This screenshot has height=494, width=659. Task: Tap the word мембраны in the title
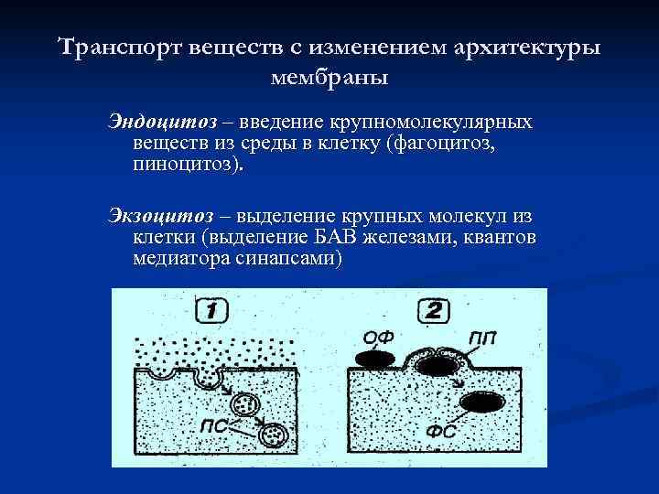point(329,77)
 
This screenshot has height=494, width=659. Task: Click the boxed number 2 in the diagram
point(433,311)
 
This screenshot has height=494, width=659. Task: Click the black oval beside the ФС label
point(481,402)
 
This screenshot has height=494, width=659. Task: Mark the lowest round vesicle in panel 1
point(272,435)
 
